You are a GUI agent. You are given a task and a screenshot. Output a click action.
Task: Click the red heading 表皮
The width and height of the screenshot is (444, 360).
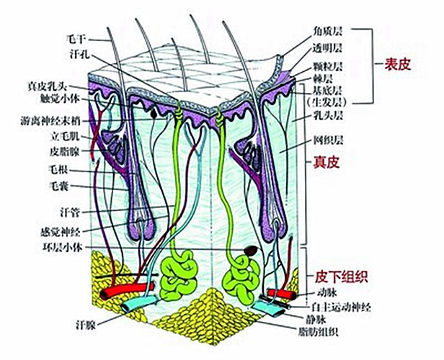click(397, 65)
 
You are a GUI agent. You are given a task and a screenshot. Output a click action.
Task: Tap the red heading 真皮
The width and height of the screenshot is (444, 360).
click(327, 162)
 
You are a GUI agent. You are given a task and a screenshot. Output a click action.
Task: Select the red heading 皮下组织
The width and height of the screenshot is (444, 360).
click(342, 276)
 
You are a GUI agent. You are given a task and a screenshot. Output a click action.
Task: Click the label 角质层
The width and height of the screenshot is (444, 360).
click(327, 31)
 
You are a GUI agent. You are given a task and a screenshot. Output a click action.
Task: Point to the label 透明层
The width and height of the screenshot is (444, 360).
click(327, 48)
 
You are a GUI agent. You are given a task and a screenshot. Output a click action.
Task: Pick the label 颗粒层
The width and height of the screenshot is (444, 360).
click(328, 67)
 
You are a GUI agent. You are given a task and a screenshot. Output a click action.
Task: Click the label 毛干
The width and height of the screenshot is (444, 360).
click(75, 39)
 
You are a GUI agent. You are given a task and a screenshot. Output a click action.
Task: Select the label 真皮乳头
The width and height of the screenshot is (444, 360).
click(48, 86)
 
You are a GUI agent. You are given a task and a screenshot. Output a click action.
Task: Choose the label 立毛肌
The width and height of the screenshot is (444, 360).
click(65, 137)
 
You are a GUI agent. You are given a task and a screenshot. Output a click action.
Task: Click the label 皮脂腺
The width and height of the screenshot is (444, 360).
click(65, 152)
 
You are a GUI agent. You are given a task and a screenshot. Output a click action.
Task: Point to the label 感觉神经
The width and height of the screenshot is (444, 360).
click(61, 232)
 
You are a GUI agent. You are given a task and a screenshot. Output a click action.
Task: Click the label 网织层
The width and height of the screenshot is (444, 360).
click(328, 140)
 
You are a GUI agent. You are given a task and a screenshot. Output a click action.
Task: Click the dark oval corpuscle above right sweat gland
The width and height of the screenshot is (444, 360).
click(251, 251)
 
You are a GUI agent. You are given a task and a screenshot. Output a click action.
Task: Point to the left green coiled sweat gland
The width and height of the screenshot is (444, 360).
click(179, 276)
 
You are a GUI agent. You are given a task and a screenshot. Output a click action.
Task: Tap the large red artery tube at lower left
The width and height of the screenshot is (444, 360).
click(127, 290)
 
